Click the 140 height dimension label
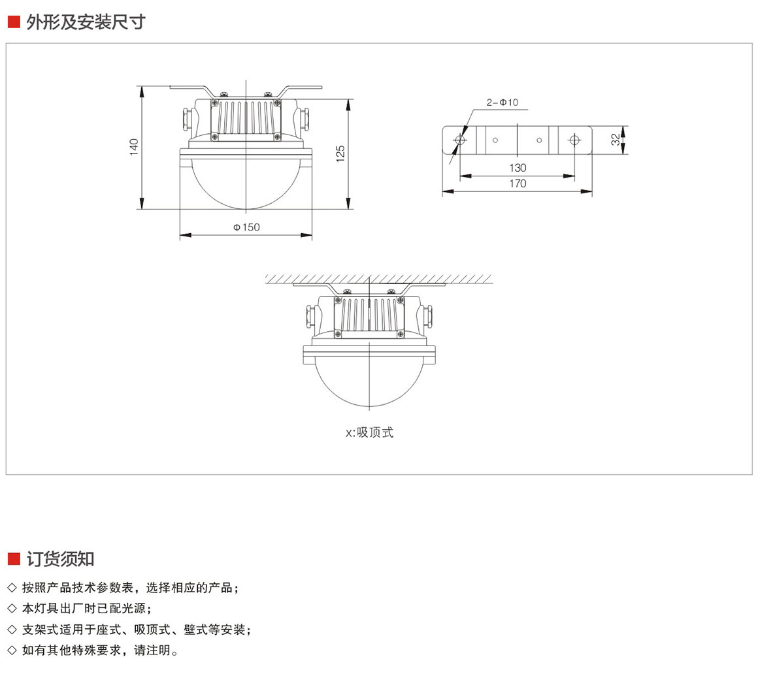[x=134, y=146]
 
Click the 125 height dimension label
[x=340, y=153]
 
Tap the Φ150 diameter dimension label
[x=246, y=227]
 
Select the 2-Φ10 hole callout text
[x=502, y=103]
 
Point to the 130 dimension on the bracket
[x=518, y=168]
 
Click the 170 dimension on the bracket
[x=518, y=184]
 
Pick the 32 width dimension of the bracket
[x=615, y=140]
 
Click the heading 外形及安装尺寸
[x=86, y=22]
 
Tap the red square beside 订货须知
[x=14, y=558]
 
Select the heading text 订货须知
[x=60, y=558]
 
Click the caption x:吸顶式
[x=370, y=432]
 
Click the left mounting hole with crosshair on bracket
[x=460, y=140]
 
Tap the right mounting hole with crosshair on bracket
[x=574, y=140]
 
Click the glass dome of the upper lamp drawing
[x=246, y=186]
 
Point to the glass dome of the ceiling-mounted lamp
[x=369, y=385]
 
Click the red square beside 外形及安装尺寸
[x=14, y=22]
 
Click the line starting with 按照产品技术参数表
[x=130, y=588]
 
